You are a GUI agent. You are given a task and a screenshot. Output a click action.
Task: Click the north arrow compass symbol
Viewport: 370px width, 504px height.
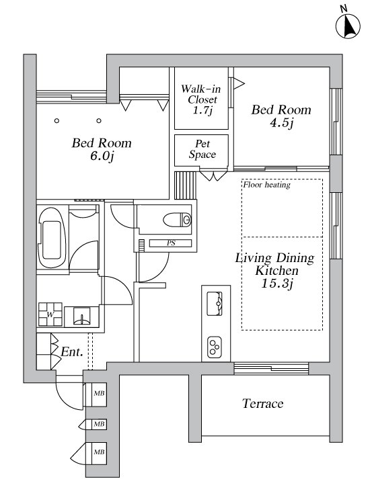tap(348, 26)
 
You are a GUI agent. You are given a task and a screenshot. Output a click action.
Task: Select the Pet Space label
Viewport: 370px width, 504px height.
tap(202, 149)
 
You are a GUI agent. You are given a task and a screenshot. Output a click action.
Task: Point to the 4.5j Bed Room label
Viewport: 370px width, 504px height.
tap(281, 116)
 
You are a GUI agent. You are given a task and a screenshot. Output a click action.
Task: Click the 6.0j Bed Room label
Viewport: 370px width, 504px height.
tap(102, 149)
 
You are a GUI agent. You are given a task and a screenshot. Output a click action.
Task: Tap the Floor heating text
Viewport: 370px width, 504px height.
tap(266, 185)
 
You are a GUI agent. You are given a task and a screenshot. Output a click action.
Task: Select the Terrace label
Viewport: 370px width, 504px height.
tap(263, 404)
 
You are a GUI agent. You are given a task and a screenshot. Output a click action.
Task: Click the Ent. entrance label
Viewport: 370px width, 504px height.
tap(72, 351)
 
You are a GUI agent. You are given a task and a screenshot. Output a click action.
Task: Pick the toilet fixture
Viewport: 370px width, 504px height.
tap(177, 220)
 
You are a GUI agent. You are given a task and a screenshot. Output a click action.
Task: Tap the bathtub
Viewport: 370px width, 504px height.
tap(52, 237)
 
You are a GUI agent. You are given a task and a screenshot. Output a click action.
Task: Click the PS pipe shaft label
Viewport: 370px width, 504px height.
tap(171, 243)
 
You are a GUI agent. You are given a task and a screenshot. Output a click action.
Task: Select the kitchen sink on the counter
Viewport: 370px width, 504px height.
tap(215, 304)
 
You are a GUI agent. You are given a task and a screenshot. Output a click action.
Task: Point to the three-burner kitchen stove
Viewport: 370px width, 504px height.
tap(215, 347)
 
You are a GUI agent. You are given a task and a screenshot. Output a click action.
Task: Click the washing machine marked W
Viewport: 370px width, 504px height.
tap(50, 314)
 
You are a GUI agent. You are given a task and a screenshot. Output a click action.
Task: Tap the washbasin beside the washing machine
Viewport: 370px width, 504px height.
tap(81, 317)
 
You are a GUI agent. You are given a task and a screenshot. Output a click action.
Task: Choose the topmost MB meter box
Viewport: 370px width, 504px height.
tap(96, 394)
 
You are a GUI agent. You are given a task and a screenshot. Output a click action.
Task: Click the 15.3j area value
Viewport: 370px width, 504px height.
tap(277, 284)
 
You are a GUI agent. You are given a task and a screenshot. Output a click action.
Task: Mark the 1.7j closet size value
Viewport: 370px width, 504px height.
tap(202, 111)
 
